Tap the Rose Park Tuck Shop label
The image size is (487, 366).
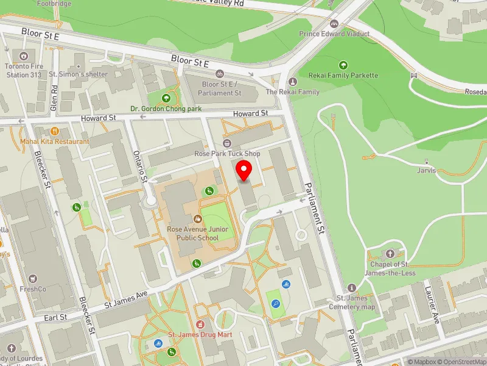(226, 154)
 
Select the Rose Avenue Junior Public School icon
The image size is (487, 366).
(197, 218)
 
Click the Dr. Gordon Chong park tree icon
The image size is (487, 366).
(166, 98)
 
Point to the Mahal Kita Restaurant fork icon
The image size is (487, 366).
(55, 131)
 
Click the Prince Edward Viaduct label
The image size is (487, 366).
(334, 34)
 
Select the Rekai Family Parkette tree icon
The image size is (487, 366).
(343, 65)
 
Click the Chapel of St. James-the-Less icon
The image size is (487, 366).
(390, 253)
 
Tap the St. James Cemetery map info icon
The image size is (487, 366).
(351, 288)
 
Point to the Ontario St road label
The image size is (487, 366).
(139, 166)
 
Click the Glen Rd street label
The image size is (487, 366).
(54, 98)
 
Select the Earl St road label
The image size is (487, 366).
(55, 318)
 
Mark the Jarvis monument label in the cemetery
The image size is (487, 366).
(427, 170)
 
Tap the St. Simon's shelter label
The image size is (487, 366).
(78, 74)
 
